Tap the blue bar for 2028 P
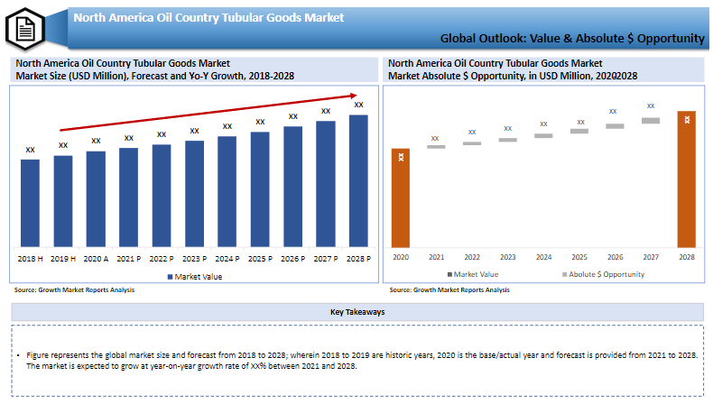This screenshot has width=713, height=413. tap(358, 180)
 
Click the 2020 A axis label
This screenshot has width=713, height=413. tap(96, 259)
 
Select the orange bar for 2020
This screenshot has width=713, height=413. tap(400, 197)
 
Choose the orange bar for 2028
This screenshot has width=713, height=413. tap(687, 179)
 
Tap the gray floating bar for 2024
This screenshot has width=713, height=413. tap(543, 135)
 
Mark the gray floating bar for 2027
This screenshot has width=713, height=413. tap(651, 120)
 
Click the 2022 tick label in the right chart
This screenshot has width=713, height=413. tap(472, 257)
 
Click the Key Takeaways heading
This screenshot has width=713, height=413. tap(357, 312)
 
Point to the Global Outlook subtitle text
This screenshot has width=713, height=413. tap(572, 39)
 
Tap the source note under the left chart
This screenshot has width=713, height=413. tap(74, 290)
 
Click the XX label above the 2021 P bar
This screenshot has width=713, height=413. tap(128, 138)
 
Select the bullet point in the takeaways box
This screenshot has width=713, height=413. tap(19, 357)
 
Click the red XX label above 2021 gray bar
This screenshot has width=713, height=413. tap(435, 138)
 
